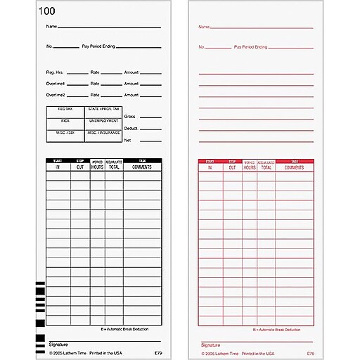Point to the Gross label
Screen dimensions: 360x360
(129, 116)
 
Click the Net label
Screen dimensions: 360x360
(127, 140)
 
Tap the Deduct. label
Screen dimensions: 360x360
(131, 128)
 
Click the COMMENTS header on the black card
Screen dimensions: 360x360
(143, 167)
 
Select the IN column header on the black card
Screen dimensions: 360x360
(58, 167)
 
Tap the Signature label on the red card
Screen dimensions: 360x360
(207, 345)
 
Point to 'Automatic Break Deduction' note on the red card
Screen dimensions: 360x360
(283, 329)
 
